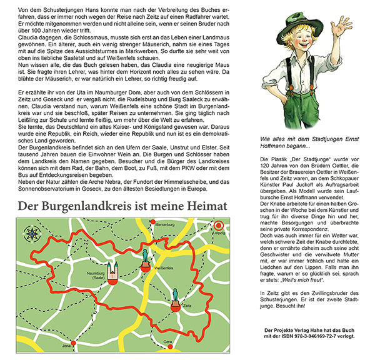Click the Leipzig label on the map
[218, 232]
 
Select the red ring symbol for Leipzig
[218, 226]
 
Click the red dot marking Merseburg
[152, 222]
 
